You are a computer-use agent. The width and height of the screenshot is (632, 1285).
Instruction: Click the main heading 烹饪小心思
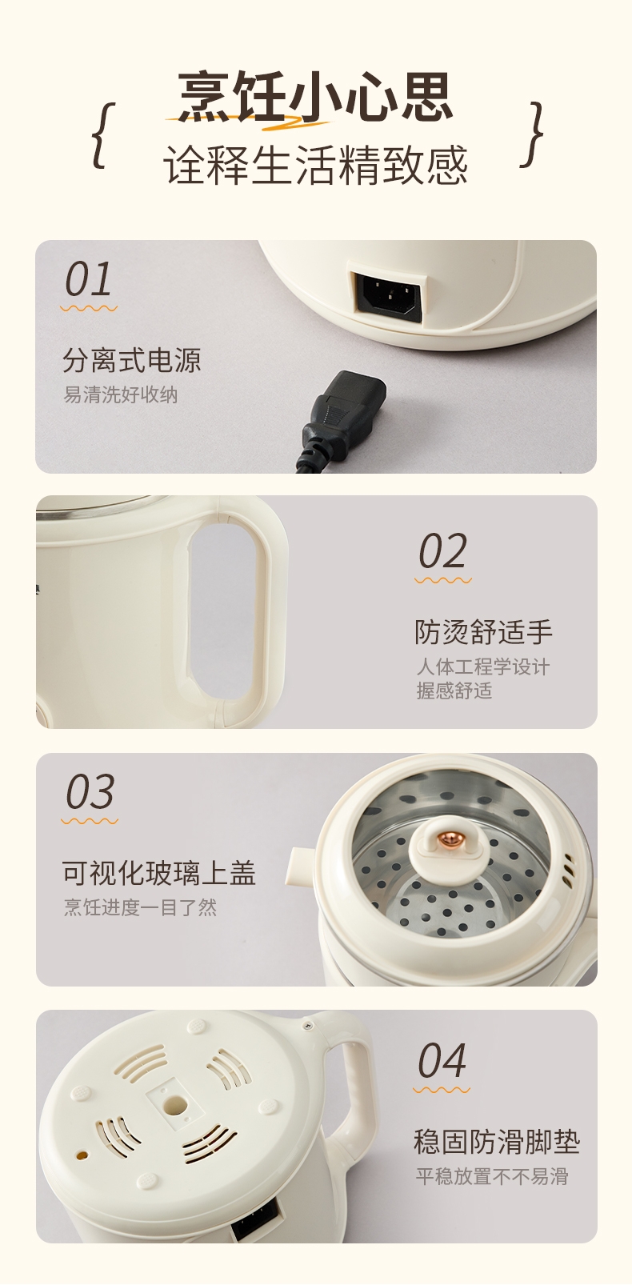tap(315, 96)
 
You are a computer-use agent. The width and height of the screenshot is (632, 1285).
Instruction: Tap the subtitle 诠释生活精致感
tap(315, 165)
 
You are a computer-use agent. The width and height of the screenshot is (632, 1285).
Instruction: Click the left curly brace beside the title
tap(104, 136)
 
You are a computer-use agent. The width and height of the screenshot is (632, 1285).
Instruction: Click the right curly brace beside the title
tap(531, 135)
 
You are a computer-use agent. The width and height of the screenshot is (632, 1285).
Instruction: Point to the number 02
tap(442, 550)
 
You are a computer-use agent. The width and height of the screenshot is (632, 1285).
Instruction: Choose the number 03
tap(90, 791)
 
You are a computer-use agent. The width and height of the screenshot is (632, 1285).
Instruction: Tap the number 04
tap(442, 1060)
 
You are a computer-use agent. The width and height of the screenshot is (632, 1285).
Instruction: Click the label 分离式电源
tap(132, 360)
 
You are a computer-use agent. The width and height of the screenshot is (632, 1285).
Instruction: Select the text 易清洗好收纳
tap(121, 394)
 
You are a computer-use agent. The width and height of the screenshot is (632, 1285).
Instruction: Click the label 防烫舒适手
tap(483, 631)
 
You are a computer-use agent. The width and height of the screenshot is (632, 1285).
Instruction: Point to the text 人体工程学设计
tap(483, 667)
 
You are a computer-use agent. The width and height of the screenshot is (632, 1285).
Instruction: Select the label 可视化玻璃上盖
tap(159, 873)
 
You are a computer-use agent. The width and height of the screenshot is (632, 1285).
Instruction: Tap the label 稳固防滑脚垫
tap(497, 1142)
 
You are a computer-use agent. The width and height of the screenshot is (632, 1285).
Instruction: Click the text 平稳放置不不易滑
tap(492, 1176)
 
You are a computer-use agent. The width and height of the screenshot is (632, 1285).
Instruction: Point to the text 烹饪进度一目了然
tap(140, 907)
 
